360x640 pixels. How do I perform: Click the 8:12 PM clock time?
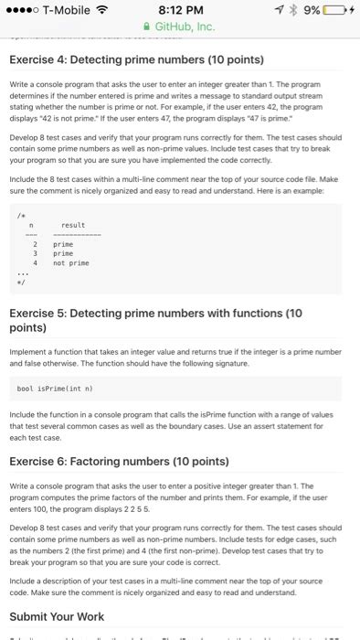[180, 11]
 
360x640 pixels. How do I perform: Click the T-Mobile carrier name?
[72, 11]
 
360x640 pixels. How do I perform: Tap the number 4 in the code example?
[34, 263]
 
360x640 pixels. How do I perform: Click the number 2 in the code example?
[34, 245]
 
